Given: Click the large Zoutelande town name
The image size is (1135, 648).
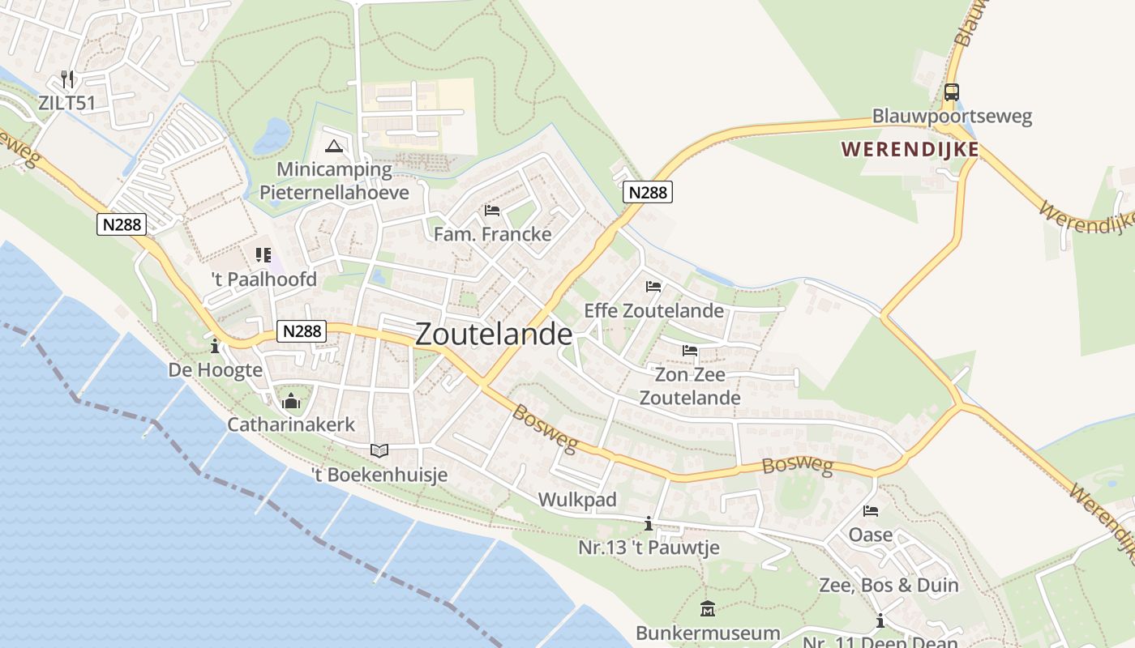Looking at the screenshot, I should pos(494,335).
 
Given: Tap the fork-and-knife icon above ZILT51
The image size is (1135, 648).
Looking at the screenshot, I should pos(67,79).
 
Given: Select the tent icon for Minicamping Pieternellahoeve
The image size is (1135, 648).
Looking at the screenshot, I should pos(333,147).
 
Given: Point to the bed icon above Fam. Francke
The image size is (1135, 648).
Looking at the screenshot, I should pos(492,211).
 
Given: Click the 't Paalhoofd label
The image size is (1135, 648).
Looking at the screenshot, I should pos(263,279).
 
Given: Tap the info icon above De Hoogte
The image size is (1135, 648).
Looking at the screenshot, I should pos(215,347).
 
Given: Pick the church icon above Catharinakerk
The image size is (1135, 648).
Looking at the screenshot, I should pos(290,401).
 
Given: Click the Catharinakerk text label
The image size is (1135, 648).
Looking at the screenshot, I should pos(291,424).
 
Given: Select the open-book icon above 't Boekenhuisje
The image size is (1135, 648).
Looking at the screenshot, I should pos(379,450).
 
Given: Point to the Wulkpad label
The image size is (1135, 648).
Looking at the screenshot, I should pos(578,499).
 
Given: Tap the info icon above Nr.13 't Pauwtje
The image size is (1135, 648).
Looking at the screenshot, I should pos(648,524).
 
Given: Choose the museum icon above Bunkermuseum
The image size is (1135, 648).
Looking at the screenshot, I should pos(708,608).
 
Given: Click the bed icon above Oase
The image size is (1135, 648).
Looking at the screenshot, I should pos(871,511).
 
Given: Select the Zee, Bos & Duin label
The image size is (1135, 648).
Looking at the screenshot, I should pos(889,585).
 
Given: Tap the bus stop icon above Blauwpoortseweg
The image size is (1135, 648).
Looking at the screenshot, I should pos(952,92).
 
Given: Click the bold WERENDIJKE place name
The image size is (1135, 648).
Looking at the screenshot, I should pos(910,150).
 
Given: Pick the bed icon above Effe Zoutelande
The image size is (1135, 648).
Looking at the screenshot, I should pos(653,287).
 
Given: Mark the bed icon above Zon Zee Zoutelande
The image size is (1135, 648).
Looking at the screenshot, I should pos(690,351).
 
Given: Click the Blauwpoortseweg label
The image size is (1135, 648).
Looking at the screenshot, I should pos(952,116).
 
